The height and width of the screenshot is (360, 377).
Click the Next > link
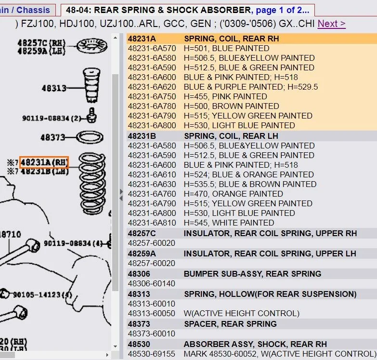tap(332, 24)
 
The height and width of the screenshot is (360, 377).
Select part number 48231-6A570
tap(152, 48)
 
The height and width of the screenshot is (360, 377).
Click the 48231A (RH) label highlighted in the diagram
tap(44, 162)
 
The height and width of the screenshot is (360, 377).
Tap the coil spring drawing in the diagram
tap(92, 184)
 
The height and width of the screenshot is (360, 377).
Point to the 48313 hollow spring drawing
tap(91, 85)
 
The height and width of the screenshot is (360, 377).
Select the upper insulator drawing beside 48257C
tap(92, 46)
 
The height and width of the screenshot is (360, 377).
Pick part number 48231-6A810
tap(152, 223)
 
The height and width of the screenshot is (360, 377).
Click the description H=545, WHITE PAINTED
tap(229, 223)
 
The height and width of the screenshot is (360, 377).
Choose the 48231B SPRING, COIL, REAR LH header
tap(203, 136)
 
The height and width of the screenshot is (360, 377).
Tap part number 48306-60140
tap(152, 283)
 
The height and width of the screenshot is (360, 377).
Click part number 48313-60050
tap(152, 313)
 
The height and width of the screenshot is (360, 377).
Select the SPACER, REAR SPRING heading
tap(230, 324)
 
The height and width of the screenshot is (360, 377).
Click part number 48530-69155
tap(152, 354)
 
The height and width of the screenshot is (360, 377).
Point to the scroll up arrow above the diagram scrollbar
tap(116, 38)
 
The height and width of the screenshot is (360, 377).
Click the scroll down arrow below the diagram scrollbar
tap(116, 347)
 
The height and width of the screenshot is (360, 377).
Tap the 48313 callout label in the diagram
tap(54, 88)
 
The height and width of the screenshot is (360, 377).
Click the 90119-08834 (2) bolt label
tap(52, 118)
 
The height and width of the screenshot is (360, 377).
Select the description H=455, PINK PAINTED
tap(225, 96)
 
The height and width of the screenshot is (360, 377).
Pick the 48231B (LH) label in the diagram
tap(45, 172)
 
